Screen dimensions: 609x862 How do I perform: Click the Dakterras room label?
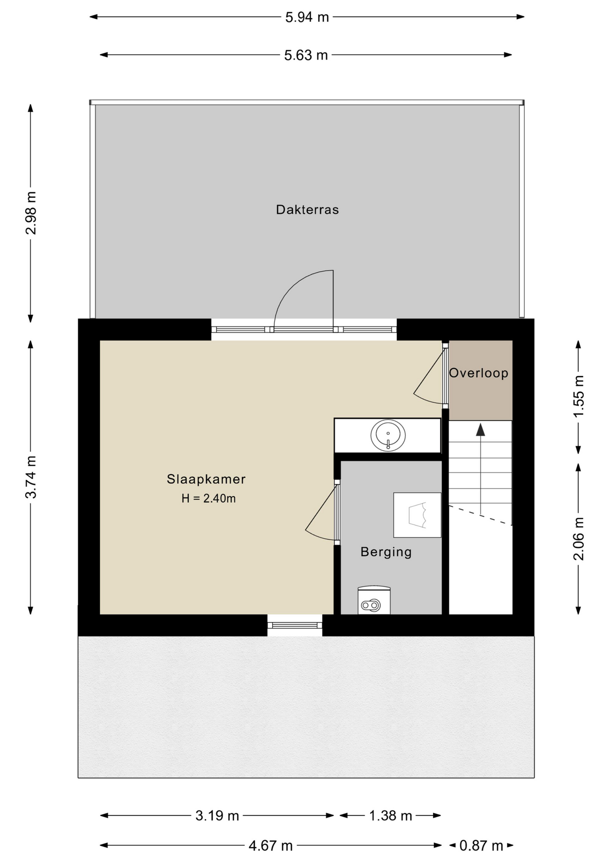[307, 210]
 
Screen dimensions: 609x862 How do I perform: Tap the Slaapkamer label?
[206, 479]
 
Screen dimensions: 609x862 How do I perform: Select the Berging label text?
[386, 552]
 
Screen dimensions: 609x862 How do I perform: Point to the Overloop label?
[478, 373]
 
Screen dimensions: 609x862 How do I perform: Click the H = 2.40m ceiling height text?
[209, 498]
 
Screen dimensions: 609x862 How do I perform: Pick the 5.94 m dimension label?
[307, 17]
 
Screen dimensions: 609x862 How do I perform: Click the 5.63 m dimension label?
[306, 55]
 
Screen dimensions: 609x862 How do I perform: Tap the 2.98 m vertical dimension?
[31, 213]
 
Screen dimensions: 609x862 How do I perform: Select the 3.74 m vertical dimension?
[31, 477]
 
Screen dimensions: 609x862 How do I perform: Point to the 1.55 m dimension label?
[579, 396]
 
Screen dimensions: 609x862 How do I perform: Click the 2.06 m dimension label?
[579, 539]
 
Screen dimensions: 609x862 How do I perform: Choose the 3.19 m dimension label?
[217, 816]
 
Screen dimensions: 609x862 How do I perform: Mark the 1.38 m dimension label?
[390, 816]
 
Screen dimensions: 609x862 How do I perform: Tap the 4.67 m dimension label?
[270, 846]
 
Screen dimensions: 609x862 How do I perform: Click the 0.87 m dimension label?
[481, 846]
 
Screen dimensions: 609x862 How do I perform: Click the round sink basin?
[388, 435]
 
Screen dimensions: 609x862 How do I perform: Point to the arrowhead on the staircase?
[481, 429]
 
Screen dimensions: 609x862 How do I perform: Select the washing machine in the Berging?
[374, 600]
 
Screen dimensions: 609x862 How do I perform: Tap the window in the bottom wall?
[295, 625]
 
